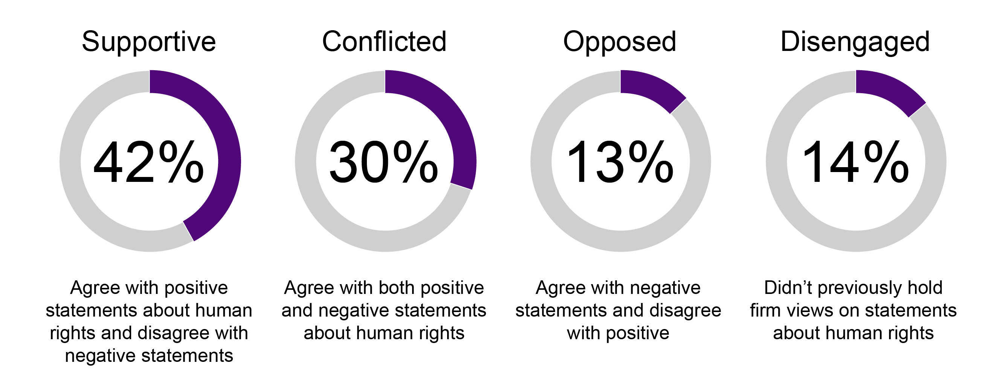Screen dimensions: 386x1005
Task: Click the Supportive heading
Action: point(149,42)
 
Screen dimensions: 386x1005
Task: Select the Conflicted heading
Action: point(384,42)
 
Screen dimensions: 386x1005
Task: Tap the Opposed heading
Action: point(620,42)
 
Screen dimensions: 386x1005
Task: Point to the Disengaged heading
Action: point(855,42)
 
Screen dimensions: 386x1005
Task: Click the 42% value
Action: point(149,162)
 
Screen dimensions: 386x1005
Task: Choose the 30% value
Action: point(384,162)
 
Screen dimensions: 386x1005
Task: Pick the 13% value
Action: point(620,162)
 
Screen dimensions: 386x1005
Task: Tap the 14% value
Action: point(855,162)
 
